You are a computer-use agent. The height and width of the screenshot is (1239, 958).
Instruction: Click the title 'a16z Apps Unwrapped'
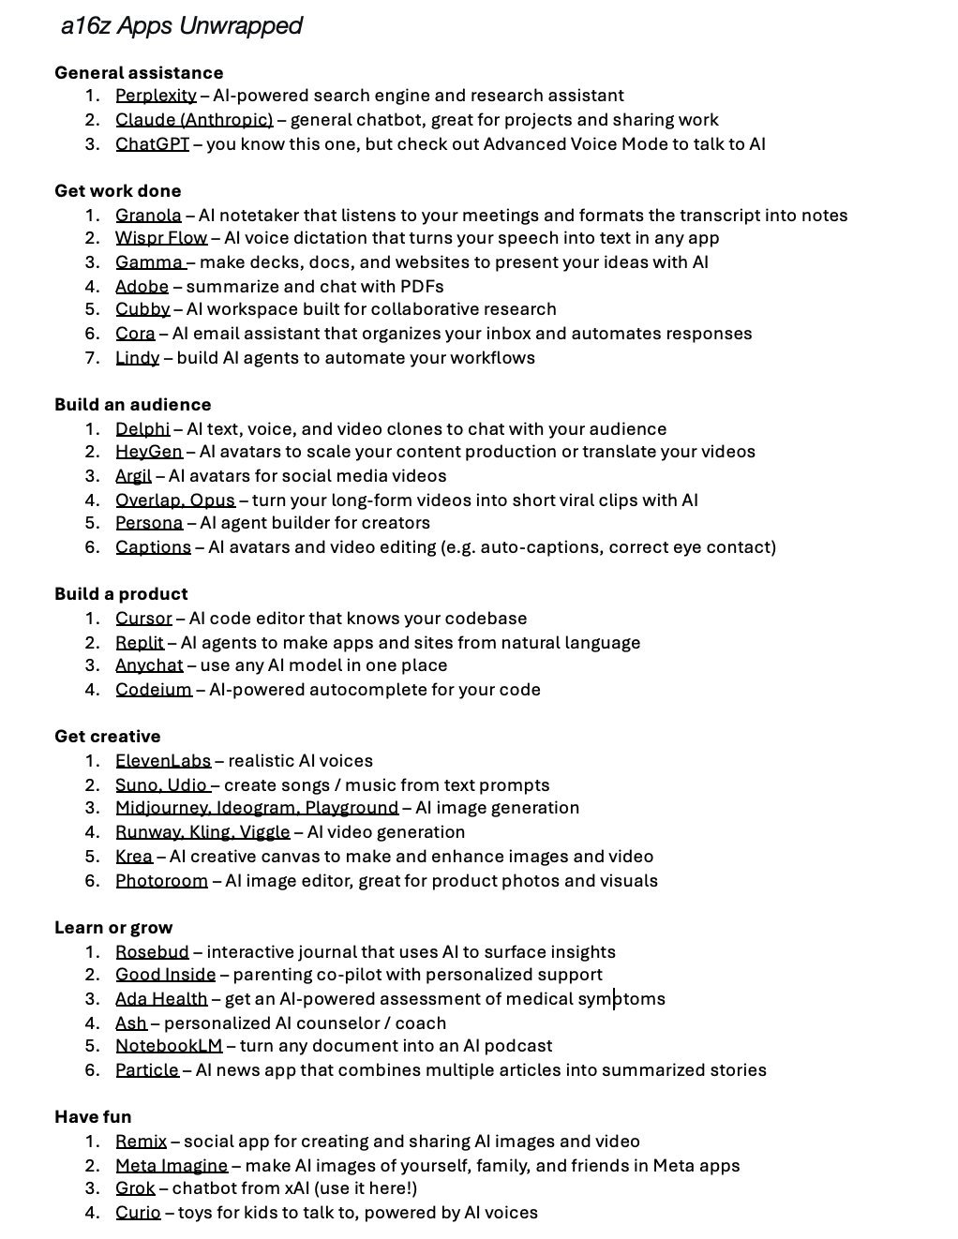[x=181, y=26]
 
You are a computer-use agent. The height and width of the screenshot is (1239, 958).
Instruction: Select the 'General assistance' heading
[x=139, y=73]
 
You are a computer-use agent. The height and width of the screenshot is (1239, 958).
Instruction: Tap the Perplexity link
[x=156, y=96]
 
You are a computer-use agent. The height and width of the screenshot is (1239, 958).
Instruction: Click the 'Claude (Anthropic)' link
[x=194, y=120]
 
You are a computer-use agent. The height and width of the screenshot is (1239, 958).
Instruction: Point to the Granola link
[x=148, y=216]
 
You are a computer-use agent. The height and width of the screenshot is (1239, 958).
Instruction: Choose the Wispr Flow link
[x=161, y=238]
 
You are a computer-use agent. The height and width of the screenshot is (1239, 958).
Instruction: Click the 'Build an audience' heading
[x=132, y=405]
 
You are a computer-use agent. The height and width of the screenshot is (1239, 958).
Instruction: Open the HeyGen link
[x=148, y=452]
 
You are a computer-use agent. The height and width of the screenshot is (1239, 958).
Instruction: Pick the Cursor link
[x=143, y=619]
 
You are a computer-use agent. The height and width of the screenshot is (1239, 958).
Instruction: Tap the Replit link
[x=140, y=643]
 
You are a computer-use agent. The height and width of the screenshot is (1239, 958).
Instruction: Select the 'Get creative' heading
[x=107, y=737]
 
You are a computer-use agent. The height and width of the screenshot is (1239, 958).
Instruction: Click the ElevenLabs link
[x=163, y=761]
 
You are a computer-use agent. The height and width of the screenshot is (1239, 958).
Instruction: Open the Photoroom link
[x=161, y=881]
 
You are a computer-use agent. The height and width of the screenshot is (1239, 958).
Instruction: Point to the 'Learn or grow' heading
[x=113, y=928]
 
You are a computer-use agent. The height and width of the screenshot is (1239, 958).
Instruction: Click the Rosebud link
[x=152, y=952]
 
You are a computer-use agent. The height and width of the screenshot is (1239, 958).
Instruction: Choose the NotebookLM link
[x=169, y=1046]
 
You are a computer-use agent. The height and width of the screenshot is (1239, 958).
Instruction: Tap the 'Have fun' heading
[x=93, y=1117]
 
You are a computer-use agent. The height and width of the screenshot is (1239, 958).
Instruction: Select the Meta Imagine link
[x=172, y=1166]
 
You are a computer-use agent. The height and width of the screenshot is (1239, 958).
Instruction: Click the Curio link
[x=138, y=1213]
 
